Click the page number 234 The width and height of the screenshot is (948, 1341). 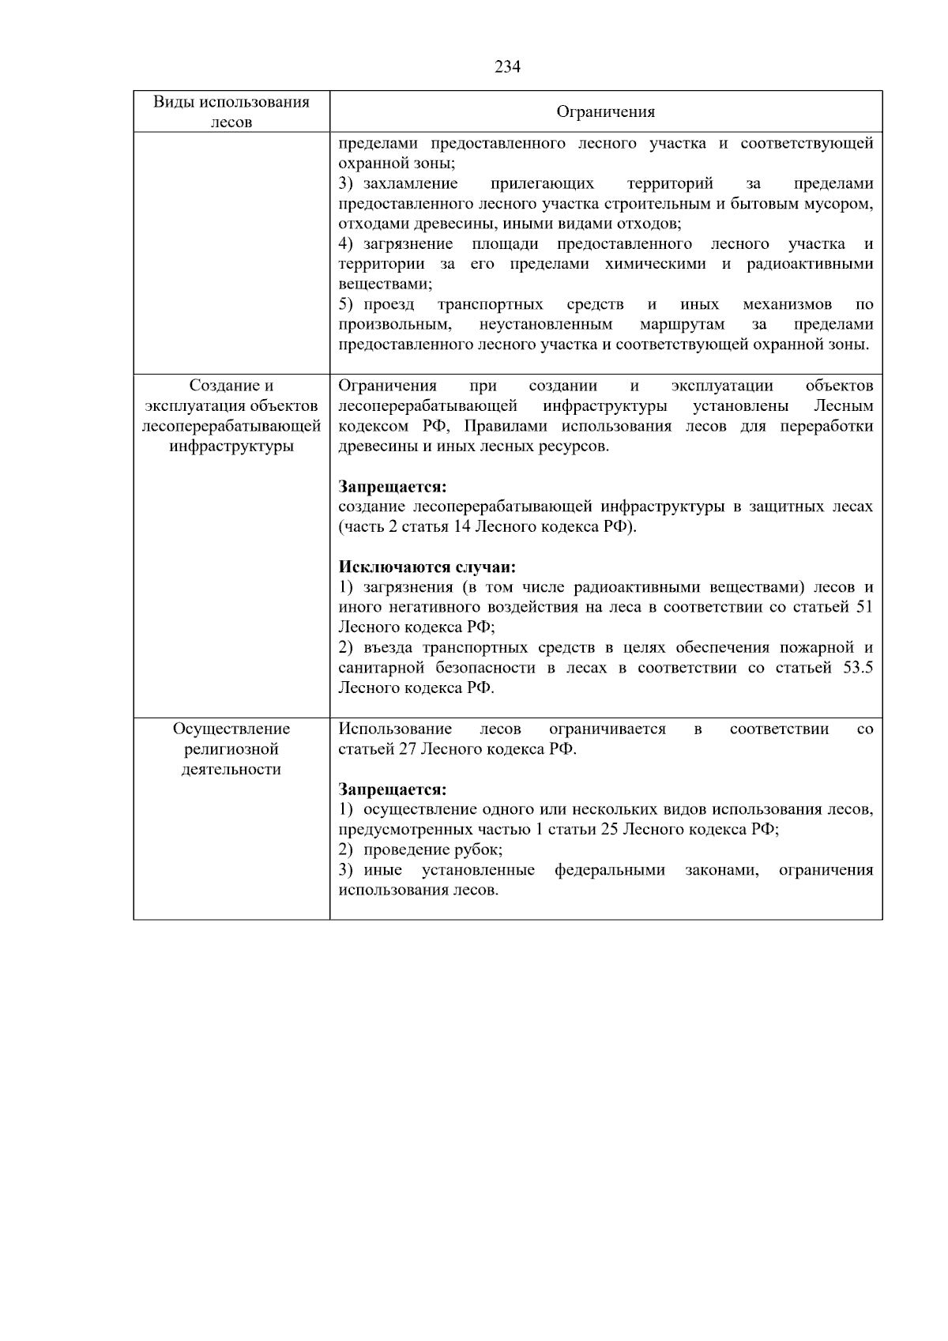tap(507, 67)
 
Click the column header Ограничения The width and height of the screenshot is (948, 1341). tap(606, 112)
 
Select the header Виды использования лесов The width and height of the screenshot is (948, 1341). tap(231, 111)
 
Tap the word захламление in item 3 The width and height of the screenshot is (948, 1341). tap(410, 184)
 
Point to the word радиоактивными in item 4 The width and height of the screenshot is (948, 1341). tap(810, 264)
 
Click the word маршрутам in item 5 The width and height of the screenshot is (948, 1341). tap(682, 325)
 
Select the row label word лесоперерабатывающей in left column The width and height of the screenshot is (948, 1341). tap(231, 427)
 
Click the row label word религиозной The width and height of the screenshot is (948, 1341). tap(231, 749)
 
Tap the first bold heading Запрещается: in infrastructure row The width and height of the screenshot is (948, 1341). tap(393, 487)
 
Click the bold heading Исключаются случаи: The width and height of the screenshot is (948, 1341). tap(427, 567)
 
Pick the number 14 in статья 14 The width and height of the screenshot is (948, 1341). tap(462, 527)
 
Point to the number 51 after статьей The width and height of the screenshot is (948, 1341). tap(864, 608)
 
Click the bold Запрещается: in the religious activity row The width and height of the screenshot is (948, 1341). tap(393, 789)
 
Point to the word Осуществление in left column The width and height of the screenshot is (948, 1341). tap(231, 729)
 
